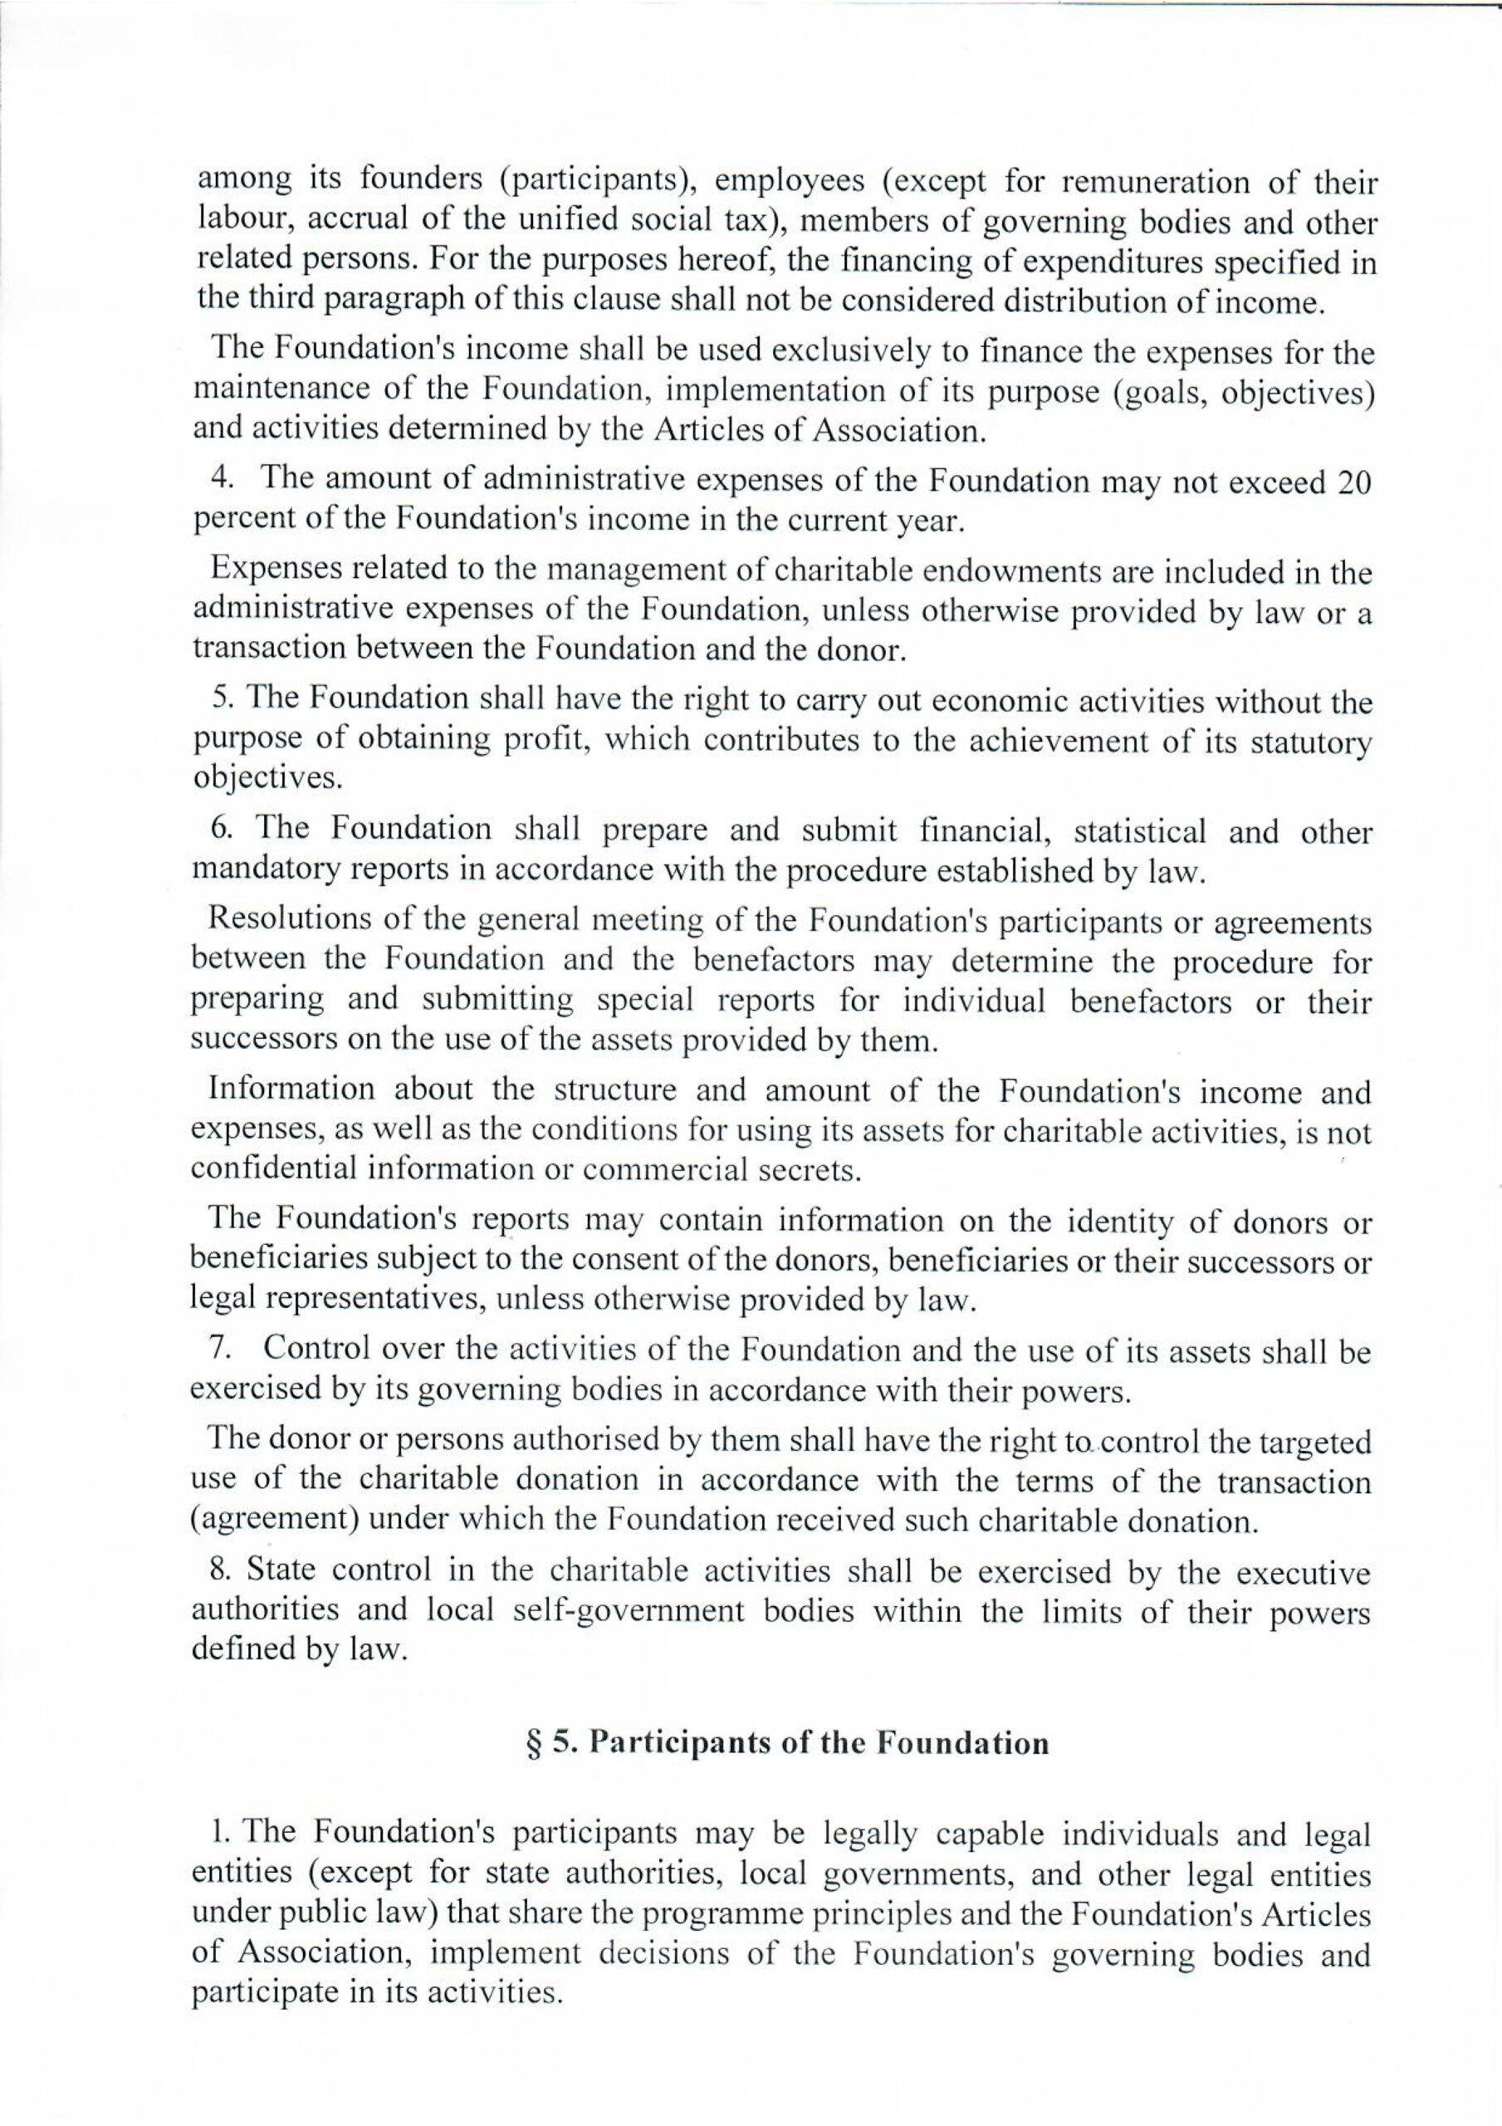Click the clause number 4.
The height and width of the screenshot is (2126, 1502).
click(219, 482)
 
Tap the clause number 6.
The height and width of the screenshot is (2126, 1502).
click(219, 830)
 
